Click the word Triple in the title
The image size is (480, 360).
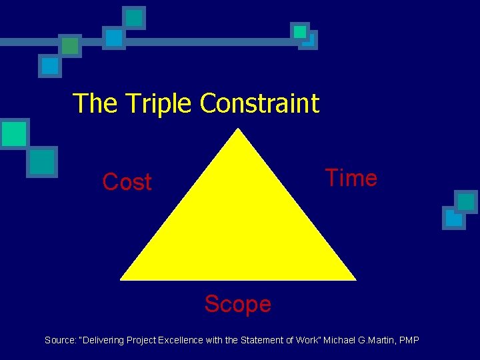coord(160,104)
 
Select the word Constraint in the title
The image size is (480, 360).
coord(259,104)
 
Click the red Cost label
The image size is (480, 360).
coord(127,182)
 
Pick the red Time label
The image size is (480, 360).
coord(351,178)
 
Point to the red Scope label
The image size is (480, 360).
coord(238,304)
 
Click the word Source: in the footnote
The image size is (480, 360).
coord(60,341)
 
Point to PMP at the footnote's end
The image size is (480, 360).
coord(408,341)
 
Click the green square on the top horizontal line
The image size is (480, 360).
coord(70,45)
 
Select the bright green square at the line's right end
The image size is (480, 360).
coord(300,31)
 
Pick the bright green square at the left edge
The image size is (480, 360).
coord(13,134)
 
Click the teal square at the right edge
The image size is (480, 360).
coord(466,202)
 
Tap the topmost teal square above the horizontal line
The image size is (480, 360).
coord(135,18)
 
